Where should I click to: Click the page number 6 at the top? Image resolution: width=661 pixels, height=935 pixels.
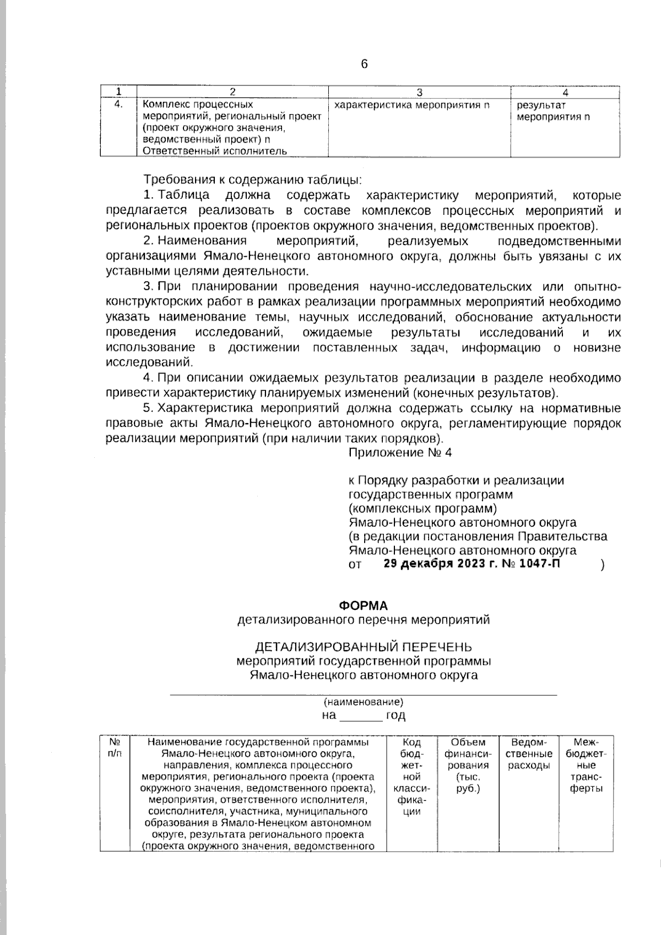pos(364,64)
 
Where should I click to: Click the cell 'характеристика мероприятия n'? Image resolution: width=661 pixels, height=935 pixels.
pos(412,105)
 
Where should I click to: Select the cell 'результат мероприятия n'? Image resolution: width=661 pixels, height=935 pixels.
pos(554,111)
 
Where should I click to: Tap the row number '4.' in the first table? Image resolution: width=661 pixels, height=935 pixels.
pos(117,104)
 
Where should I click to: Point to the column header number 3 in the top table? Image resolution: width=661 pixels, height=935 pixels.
pos(419,92)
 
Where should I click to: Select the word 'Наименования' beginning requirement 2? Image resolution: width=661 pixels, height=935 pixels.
pos(202,241)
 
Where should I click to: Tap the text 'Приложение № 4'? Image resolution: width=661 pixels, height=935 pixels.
pos(400,452)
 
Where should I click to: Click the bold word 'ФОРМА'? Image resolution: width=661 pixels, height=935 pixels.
pos(363,606)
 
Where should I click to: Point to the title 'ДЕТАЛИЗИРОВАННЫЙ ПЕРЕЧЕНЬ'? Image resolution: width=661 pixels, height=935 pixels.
pos(363,646)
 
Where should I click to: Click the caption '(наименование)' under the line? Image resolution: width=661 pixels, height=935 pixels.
pos(363,702)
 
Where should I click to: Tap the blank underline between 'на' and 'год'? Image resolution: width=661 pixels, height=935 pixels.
pos(361,716)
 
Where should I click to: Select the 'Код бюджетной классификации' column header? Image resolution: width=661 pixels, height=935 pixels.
pos(412,777)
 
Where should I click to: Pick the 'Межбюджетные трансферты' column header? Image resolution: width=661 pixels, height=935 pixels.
pos(586,765)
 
